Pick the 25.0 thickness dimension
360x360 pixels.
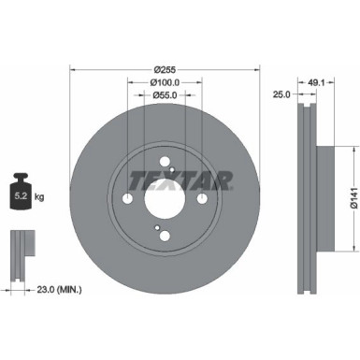pos(281,94)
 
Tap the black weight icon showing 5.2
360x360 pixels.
pos(20,194)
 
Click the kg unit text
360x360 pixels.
pos(40,198)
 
